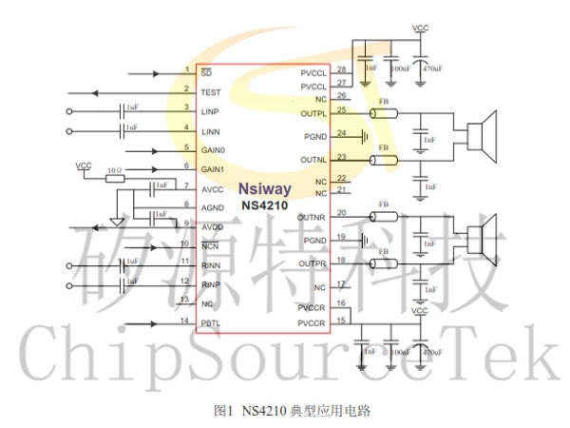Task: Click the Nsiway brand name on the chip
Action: click(x=264, y=188)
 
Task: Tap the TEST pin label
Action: click(x=211, y=92)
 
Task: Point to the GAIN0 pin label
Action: click(x=213, y=150)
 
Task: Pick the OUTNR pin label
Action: click(x=313, y=218)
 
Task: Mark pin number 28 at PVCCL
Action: click(x=341, y=69)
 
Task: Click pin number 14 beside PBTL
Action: click(x=186, y=321)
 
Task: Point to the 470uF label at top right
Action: click(x=432, y=69)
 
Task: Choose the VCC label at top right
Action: click(x=420, y=29)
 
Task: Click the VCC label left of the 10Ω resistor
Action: click(x=84, y=165)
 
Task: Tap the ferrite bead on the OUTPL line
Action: click(x=384, y=114)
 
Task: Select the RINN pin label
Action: click(x=211, y=265)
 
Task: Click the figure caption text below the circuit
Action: click(x=285, y=410)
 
